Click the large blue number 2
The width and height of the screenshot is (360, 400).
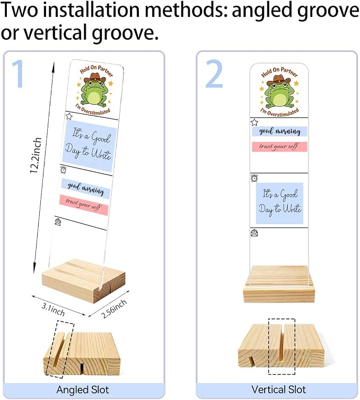click(x=215, y=74)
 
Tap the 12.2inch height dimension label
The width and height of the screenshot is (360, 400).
click(x=36, y=155)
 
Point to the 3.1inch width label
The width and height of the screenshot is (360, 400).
click(x=53, y=309)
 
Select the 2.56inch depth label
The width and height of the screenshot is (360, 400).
click(x=114, y=309)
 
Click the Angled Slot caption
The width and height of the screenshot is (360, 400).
click(x=83, y=390)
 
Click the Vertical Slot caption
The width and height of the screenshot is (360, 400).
click(x=278, y=389)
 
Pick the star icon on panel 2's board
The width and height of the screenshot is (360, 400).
click(x=254, y=122)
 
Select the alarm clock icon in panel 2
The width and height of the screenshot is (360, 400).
click(x=254, y=178)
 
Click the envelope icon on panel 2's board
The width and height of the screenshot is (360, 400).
click(x=254, y=233)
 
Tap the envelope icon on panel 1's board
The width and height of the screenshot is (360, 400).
click(x=58, y=222)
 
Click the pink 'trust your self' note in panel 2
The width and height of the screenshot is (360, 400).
click(x=279, y=147)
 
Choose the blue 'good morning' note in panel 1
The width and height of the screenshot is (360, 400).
click(x=86, y=189)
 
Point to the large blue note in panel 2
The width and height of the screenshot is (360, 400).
click(x=279, y=203)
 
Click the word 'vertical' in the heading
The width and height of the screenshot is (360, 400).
click(x=58, y=32)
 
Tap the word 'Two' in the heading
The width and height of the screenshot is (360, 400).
click(x=21, y=10)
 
